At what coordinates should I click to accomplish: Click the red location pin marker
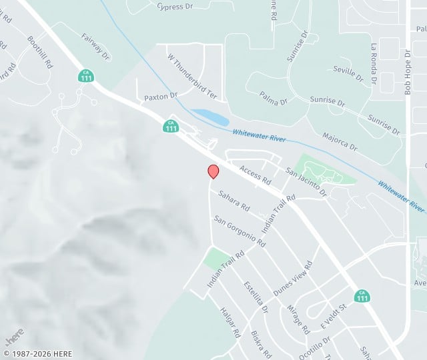(x=213, y=171)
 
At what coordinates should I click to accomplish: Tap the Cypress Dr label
(x=175, y=7)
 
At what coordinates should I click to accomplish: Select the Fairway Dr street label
(x=95, y=45)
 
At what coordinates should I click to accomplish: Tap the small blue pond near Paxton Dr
(x=210, y=117)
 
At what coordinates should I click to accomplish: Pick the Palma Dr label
(x=274, y=98)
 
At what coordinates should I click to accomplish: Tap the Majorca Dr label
(x=340, y=140)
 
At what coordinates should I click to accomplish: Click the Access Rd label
(x=256, y=175)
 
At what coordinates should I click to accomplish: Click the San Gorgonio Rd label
(x=240, y=231)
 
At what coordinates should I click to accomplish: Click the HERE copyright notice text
(x=38, y=354)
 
